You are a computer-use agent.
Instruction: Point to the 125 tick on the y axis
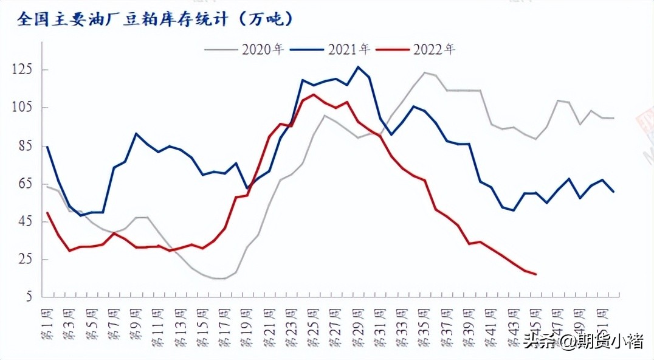coord(24,70)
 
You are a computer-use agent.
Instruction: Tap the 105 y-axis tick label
coord(24,108)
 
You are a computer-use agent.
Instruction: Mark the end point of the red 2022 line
coord(535,274)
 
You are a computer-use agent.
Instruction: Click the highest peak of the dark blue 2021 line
coord(357,67)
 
